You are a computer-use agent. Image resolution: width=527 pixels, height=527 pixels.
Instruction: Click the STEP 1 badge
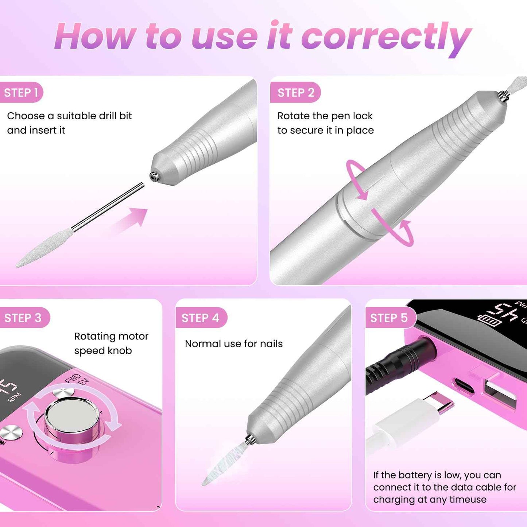21,93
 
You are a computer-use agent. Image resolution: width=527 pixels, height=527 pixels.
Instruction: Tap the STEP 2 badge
296,93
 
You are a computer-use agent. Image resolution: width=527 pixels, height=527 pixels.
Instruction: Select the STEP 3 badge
23,318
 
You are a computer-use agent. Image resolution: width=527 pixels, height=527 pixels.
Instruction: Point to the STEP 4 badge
201,318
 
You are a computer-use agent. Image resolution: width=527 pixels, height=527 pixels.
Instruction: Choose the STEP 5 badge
389,318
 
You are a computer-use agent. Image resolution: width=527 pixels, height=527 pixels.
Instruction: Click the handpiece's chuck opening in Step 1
154,176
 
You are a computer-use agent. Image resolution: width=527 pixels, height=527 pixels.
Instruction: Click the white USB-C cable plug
412,419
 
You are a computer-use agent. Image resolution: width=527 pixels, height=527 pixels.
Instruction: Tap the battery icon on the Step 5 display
489,321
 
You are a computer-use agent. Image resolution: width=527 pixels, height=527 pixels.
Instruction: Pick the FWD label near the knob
72,378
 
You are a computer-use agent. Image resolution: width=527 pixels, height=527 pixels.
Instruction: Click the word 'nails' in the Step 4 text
271,344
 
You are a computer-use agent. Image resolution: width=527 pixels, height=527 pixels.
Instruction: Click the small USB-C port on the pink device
464,385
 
